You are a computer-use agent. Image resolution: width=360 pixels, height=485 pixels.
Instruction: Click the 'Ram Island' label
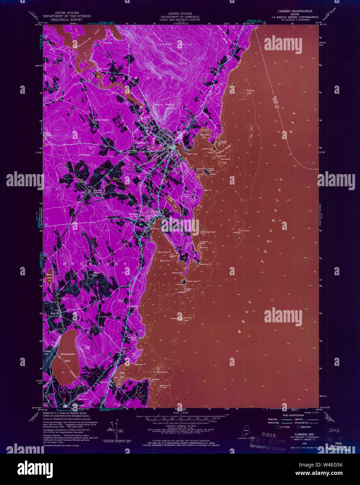click(162, 372)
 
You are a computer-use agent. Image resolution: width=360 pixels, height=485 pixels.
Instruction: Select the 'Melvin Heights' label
click(102, 120)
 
